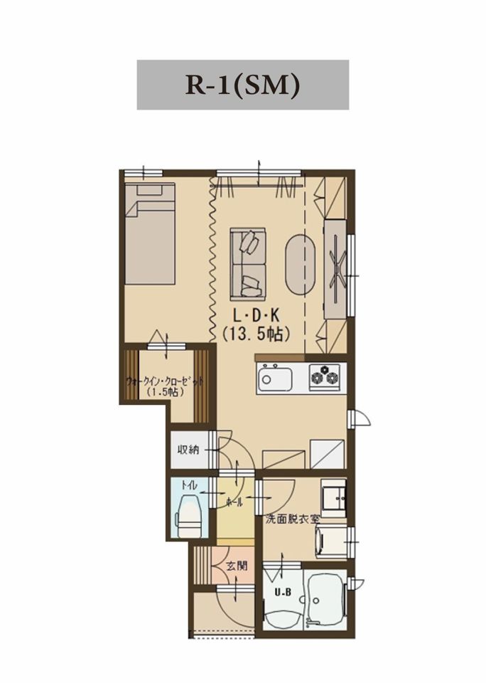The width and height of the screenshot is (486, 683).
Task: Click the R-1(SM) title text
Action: point(243,85)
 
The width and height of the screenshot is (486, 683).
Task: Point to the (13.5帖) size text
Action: point(256,334)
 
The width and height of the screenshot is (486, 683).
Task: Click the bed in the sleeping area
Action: point(150,233)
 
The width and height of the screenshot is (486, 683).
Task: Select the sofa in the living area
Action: point(247,264)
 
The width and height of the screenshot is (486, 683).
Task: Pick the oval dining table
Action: point(300,265)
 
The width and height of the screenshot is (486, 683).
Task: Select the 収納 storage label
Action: point(188,450)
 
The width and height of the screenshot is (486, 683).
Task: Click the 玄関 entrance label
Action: point(237,566)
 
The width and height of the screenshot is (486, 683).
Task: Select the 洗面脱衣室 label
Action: point(293,519)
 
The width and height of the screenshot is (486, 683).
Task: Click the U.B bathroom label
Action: point(280,593)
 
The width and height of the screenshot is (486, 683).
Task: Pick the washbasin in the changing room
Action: point(334,497)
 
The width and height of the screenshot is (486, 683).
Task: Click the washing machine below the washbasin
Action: point(332,541)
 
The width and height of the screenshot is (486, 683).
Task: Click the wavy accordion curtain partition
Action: point(212,260)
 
